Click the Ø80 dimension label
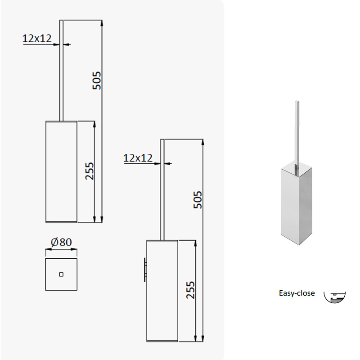coord(61,242)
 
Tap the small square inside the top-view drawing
coord(61,274)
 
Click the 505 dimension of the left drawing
coord(97,81)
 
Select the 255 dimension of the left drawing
coord(90,171)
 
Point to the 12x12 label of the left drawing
coord(37,38)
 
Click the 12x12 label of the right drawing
coord(138,158)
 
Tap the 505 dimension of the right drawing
coord(198,200)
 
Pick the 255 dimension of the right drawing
coord(190,290)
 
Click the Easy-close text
coord(297,293)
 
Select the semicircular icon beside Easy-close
coord(334,297)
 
